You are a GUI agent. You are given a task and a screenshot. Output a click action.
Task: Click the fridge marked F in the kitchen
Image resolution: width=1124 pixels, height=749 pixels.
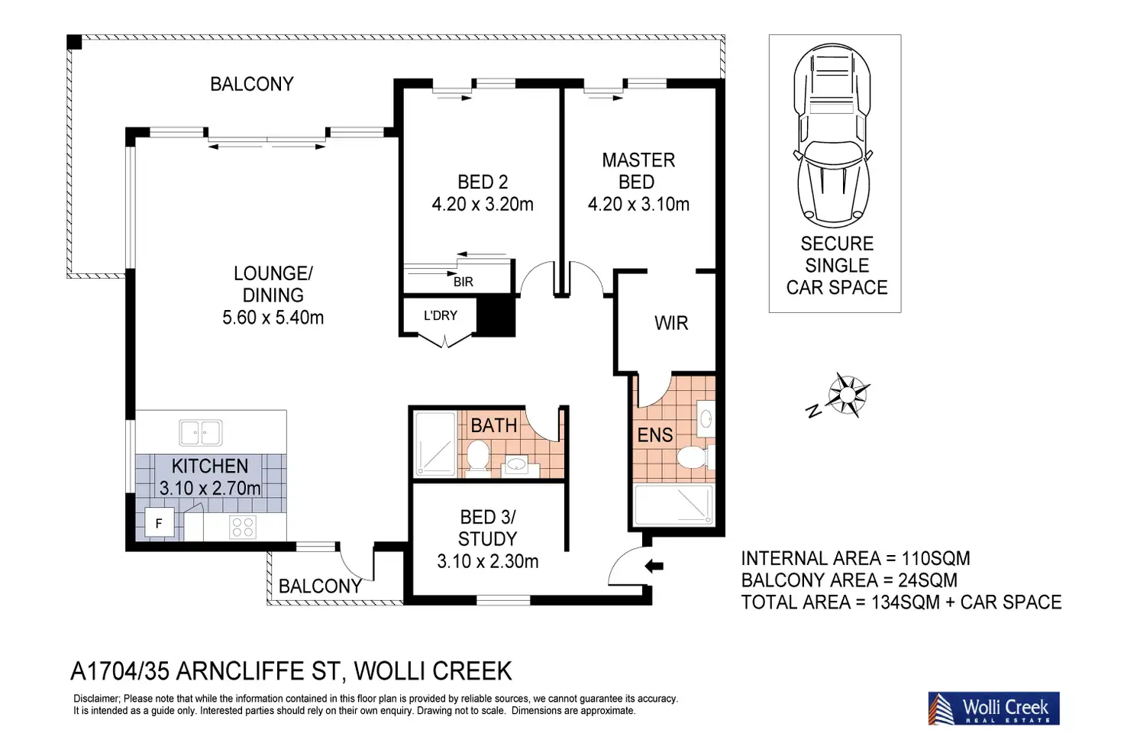coord(159,522)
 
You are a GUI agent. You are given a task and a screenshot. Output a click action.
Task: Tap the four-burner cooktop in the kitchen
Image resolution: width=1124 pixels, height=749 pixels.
coord(243,528)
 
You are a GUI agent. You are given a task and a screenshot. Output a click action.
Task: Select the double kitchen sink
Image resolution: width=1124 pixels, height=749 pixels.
coord(201,432)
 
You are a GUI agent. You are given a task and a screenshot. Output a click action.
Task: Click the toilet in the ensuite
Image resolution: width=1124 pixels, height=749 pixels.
coord(696,457)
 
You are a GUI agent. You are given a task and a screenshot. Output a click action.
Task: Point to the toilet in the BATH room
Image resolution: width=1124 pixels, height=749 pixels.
coord(477,457)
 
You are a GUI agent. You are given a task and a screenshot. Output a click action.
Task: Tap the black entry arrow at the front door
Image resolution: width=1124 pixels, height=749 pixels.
coord(654,567)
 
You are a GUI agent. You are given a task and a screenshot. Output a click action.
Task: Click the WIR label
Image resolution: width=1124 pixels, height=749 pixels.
coord(671,323)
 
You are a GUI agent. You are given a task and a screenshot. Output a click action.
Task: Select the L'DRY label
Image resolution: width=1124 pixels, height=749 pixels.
coord(441,315)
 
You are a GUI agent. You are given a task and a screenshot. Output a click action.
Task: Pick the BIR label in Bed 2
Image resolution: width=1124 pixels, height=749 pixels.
coord(463,282)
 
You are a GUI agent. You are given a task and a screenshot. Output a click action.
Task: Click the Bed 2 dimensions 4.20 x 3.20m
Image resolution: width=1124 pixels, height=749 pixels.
coord(483,204)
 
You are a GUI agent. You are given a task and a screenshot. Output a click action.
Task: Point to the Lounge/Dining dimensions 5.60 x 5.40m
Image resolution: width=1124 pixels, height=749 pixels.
coord(273,318)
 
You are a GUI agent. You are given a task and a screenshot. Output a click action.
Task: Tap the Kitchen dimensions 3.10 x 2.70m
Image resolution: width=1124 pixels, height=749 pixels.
coord(210,488)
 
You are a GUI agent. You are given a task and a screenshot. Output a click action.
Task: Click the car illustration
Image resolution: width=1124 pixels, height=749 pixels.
coord(833,134)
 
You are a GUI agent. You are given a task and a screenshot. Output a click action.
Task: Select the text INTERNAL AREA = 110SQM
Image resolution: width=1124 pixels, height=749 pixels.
coord(855,558)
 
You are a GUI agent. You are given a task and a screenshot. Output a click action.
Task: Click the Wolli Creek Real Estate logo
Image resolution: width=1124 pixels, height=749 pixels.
coord(993,709)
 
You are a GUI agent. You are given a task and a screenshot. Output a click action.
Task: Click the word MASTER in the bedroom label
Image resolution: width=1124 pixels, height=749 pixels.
coord(638,160)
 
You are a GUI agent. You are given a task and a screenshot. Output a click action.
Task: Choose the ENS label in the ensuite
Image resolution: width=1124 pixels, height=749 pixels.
coord(655,435)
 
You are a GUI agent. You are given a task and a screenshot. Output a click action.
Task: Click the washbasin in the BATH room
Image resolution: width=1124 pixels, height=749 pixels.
coord(516,465)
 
